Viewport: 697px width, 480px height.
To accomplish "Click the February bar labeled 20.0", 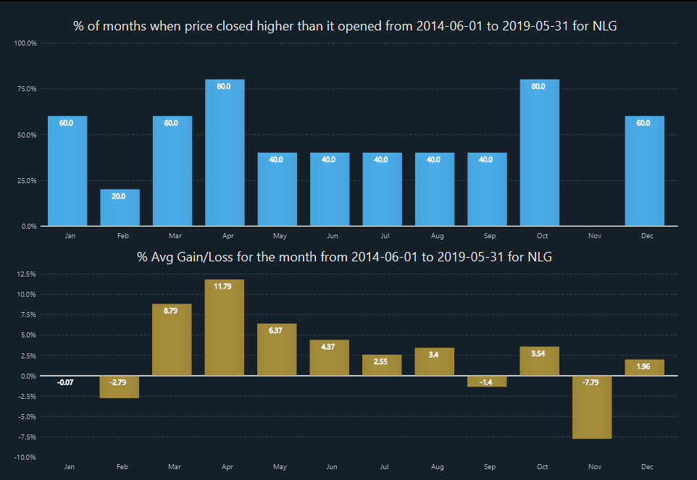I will coord(120,208).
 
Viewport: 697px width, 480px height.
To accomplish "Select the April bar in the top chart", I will coord(225,153).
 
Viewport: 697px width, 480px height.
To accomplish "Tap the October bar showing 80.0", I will coord(539,153).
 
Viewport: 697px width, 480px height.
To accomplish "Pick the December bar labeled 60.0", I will coord(644,171).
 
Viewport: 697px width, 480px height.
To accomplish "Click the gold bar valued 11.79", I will coord(225,327).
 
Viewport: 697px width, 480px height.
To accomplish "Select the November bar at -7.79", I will coord(592,407).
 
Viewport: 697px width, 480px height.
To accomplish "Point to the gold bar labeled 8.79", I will coord(172,340).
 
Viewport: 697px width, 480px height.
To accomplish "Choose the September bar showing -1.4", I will coord(487,381).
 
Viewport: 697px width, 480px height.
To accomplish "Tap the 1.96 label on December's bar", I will coord(644,366).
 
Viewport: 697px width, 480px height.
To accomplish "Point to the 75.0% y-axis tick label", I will coord(27,89).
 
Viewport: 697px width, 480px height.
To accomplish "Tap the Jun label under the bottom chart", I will coord(333,467).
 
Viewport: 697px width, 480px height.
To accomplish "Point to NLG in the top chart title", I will coord(611,26).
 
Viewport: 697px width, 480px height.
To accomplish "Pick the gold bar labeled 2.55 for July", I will coord(382,365).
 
